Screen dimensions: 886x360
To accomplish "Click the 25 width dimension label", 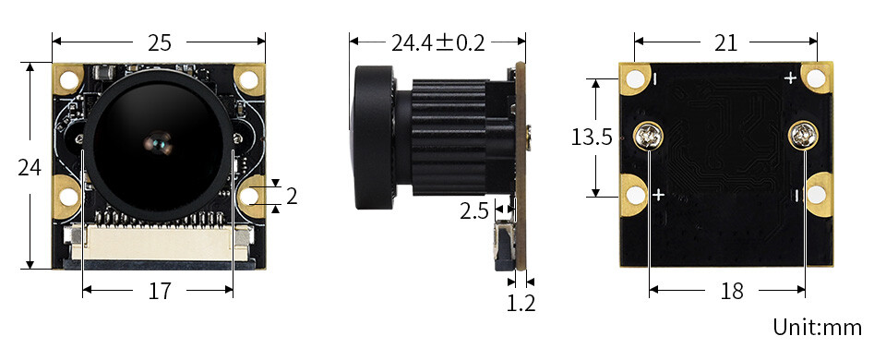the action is (160, 42).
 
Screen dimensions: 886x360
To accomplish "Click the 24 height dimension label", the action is (30, 167).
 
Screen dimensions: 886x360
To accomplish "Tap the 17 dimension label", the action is (160, 291).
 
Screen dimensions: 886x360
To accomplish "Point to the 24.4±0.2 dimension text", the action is (437, 42).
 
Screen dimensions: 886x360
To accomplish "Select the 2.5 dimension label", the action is (473, 210).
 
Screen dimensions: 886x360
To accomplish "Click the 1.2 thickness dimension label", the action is (521, 304).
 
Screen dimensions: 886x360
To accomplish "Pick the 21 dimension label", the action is (726, 42).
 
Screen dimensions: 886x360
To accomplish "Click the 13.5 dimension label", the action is (592, 137).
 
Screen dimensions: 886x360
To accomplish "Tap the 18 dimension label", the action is (732, 291).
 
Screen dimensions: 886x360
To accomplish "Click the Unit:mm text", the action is (818, 327).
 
